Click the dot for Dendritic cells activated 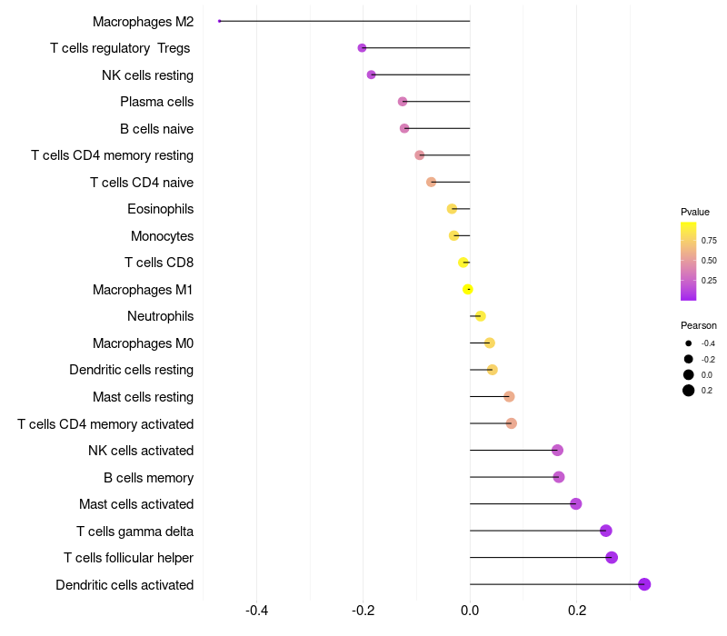pos(644,584)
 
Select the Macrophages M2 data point pos(220,21)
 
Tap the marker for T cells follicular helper pos(612,557)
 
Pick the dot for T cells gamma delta pos(606,531)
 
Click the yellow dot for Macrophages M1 pos(468,289)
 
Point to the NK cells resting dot pos(371,75)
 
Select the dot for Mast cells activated pos(575,503)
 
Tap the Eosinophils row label pos(160,209)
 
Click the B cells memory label pos(148,477)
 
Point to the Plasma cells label pos(156,102)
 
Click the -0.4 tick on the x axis pos(257,611)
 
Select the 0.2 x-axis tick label pos(577,611)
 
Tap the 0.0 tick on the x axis pos(470,611)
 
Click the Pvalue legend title pos(695,212)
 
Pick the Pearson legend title pos(698,325)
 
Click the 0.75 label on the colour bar pos(709,241)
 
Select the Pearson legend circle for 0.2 pos(689,391)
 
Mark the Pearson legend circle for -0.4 pos(689,343)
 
